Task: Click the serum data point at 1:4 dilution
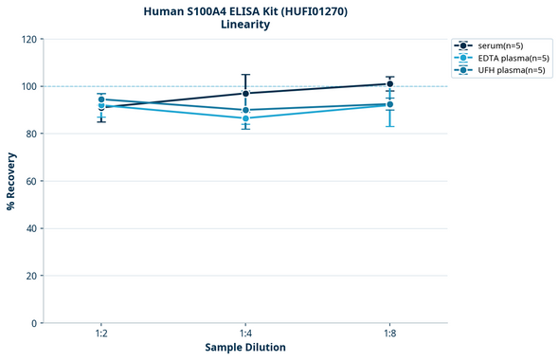point(246,93)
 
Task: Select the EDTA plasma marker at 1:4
point(246,118)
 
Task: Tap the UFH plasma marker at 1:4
point(246,110)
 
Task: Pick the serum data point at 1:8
point(390,83)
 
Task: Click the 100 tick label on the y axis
point(28,86)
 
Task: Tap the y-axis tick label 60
point(31,181)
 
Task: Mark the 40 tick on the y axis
point(31,228)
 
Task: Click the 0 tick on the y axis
point(34,323)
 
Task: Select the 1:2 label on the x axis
point(101,334)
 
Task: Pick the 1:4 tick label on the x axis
point(246,334)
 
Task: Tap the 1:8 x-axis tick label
point(390,334)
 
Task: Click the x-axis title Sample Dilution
point(245,348)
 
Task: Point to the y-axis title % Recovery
point(11,180)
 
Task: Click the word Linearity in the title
point(244,25)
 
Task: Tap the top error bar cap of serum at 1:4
point(246,75)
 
